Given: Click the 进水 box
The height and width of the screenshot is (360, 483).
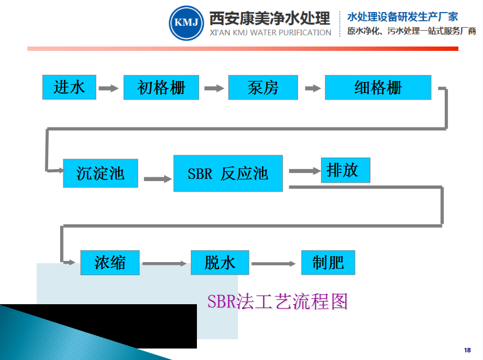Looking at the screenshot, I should tap(69, 87).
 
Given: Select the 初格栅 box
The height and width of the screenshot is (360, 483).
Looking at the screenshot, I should tap(161, 88).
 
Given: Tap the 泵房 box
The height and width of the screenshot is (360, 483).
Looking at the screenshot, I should tap(263, 88).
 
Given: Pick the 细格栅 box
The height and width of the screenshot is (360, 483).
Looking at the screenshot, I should tap(378, 88).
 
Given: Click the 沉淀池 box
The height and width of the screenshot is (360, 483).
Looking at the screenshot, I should tap(100, 173).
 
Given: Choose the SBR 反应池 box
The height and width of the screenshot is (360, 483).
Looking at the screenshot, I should tap(228, 173).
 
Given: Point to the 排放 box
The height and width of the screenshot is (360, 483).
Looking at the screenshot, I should tap(345, 170).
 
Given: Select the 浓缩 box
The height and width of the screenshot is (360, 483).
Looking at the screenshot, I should tap(110, 263).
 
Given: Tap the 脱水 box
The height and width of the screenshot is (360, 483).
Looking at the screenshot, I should tap(220, 263).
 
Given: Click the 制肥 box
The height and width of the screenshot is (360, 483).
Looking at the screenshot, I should tap(328, 263).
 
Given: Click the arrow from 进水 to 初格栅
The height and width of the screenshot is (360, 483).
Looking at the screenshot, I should tap(109, 88).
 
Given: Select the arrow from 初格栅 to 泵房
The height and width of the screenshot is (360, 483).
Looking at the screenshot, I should tap(214, 88).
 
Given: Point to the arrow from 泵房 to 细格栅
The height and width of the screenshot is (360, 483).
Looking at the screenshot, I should tap(312, 88).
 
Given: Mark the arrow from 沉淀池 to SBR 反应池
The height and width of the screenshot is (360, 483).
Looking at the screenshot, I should tap(157, 178).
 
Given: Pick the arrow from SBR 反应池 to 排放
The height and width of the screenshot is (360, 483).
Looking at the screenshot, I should tap(305, 171).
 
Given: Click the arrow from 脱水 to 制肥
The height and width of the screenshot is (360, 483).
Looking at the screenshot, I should tap(273, 264).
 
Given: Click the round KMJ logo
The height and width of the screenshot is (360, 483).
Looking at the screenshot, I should tap(186, 23).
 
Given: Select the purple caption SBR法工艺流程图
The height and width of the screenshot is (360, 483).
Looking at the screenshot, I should tap(277, 301).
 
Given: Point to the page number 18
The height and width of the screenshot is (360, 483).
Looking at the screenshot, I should tap(467, 350).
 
